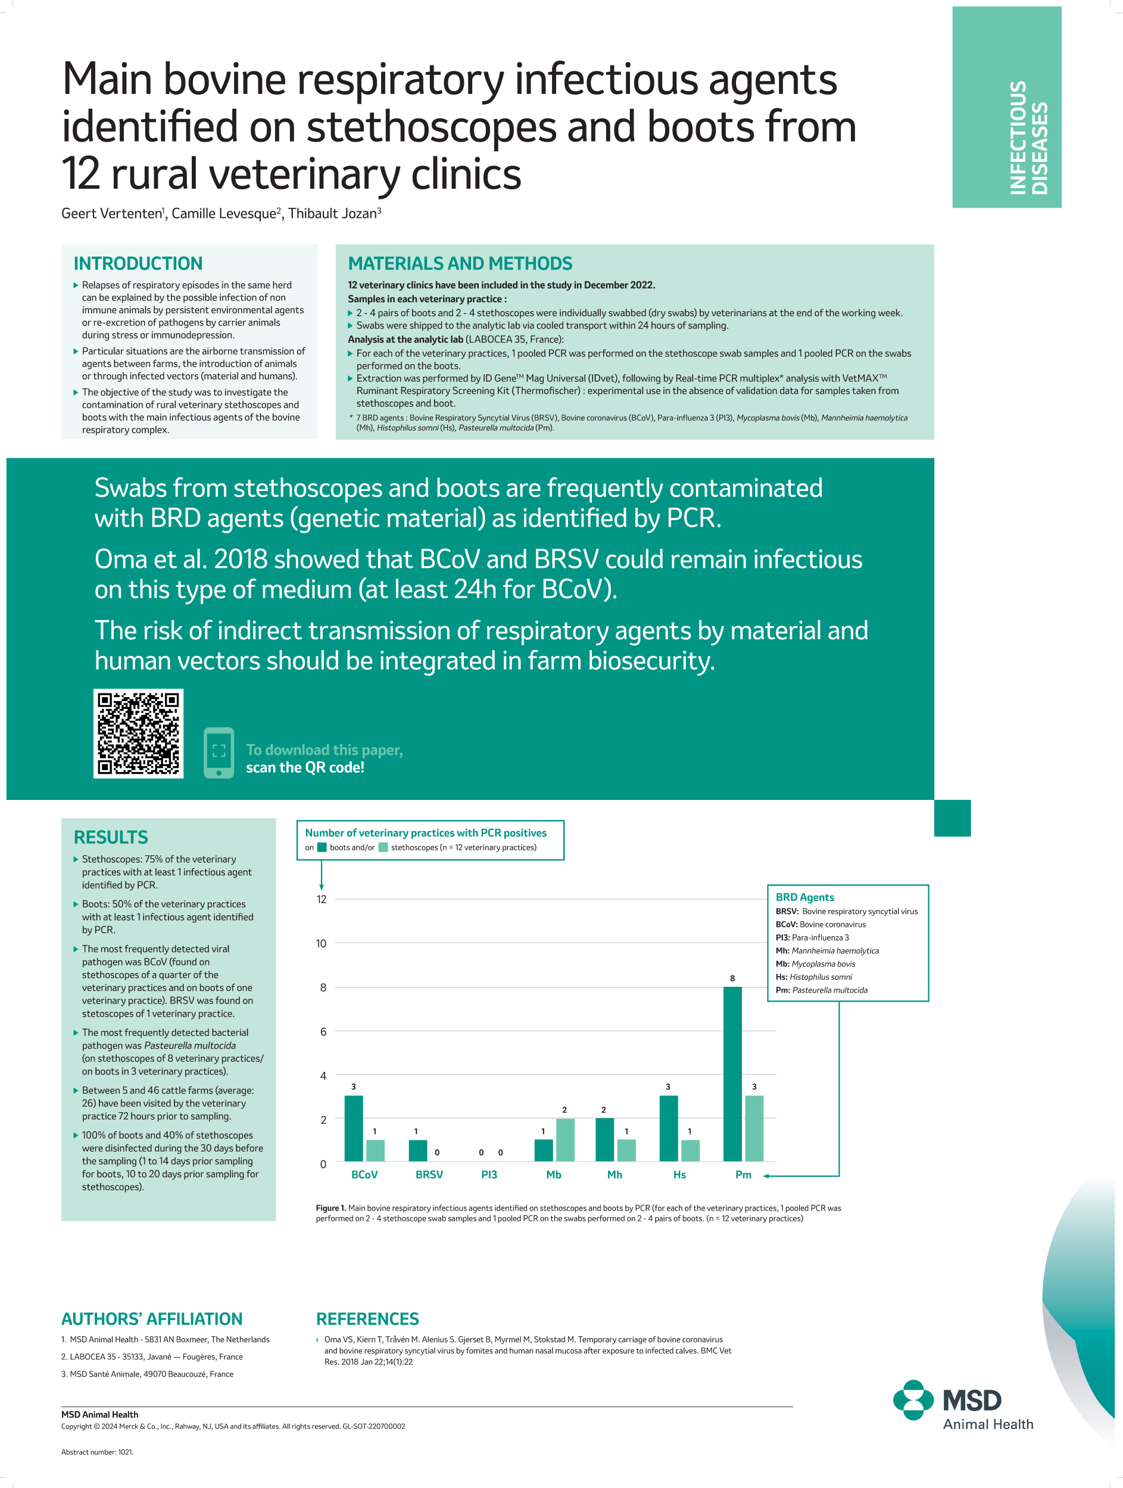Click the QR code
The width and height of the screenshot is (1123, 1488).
point(138,733)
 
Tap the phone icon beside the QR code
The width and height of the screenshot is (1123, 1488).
point(219,752)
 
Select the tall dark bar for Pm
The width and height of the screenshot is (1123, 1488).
point(732,1074)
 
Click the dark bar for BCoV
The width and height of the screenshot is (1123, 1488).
point(353,1128)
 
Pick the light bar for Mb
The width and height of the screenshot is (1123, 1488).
point(564,1140)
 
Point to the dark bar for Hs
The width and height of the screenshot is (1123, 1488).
point(668,1128)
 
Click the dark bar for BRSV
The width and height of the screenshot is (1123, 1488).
point(417,1151)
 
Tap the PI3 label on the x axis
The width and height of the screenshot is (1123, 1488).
point(489,1174)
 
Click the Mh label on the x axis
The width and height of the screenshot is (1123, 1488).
point(614,1174)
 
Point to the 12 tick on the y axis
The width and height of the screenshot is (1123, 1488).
point(322,899)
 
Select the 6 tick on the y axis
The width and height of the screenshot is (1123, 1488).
point(323,1031)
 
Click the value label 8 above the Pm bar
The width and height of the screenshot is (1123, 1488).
point(732,978)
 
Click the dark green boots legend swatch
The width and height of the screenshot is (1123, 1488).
point(322,848)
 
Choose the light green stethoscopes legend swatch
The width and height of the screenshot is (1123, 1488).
point(383,848)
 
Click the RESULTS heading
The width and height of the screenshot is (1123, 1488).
point(110,837)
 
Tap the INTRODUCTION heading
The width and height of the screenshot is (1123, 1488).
point(138,263)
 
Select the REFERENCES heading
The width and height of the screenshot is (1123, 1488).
point(367,1318)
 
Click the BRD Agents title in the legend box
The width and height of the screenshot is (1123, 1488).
point(805,897)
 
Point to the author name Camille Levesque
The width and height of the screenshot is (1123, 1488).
point(223,214)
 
